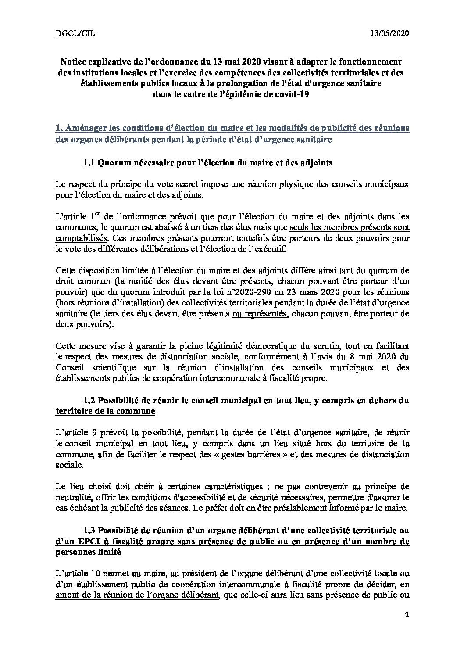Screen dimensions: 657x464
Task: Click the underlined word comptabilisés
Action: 81,238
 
